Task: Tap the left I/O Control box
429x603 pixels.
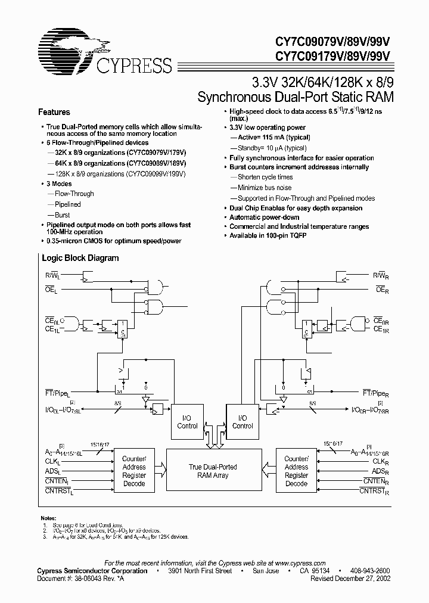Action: tap(188, 422)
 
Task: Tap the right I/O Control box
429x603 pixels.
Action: tap(243, 422)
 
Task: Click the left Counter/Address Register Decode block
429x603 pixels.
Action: tap(133, 471)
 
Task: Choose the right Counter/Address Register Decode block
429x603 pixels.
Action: tap(296, 471)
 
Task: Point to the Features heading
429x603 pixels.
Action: tap(54, 112)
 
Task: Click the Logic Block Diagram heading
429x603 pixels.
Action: tap(80, 258)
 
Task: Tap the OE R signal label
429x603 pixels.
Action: tap(382, 290)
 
